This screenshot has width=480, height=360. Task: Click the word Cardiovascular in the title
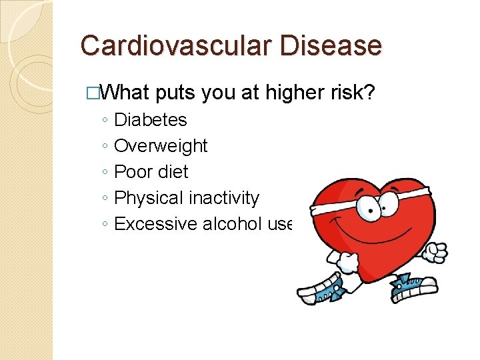tap(171, 46)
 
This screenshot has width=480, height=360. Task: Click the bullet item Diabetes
tap(151, 120)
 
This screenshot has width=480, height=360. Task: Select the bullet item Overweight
tap(161, 146)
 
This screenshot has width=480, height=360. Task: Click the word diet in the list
tap(172, 172)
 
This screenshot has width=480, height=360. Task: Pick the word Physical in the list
tap(148, 198)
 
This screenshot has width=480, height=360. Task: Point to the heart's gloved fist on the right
tap(437, 251)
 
